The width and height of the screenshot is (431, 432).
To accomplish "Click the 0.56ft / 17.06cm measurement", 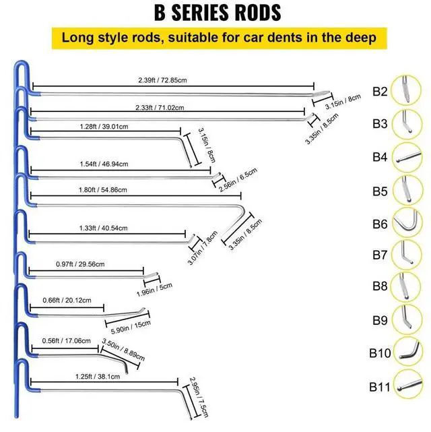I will pos(65,341).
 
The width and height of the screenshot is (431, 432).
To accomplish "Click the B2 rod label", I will pos(380,90).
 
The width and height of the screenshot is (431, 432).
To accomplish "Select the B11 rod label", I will pos(380,387).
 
